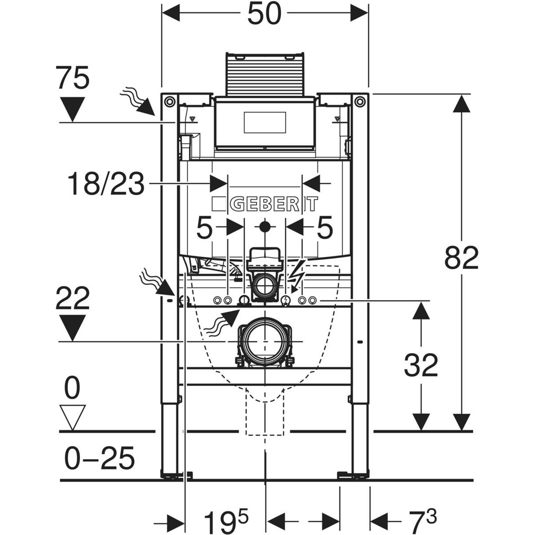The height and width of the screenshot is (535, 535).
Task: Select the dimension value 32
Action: [x=421, y=365]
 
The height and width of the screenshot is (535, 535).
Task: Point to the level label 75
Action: [x=72, y=78]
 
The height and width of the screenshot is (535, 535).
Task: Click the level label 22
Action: [x=72, y=299]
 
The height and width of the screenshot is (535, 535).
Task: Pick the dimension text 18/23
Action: [x=106, y=184]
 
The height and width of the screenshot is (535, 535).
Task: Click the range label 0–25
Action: [x=99, y=458]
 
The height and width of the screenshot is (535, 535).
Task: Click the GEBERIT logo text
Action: [x=265, y=204]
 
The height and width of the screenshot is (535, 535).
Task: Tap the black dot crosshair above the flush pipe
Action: [x=265, y=226]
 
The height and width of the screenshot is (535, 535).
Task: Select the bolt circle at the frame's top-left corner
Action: [x=168, y=101]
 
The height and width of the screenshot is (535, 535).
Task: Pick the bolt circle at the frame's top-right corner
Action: [x=359, y=101]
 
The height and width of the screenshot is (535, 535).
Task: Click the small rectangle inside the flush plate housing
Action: [x=265, y=122]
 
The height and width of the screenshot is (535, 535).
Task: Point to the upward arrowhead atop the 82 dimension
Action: [x=462, y=104]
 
